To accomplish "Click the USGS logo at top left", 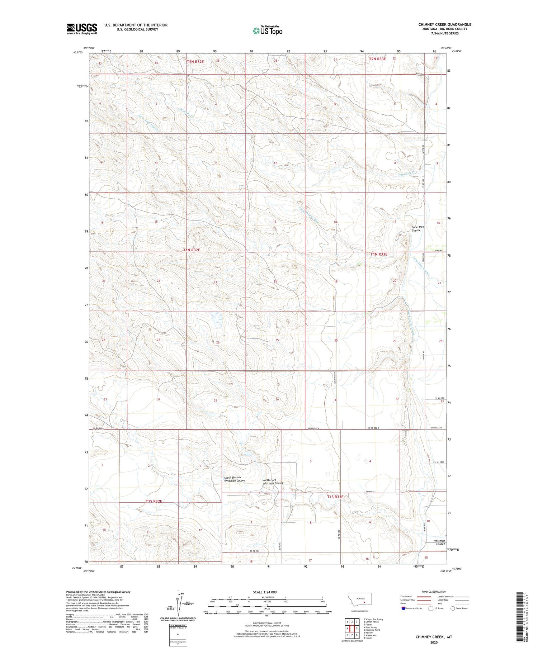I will (x=82, y=29).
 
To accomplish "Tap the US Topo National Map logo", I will (x=267, y=30).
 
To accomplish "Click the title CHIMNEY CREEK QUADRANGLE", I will (x=444, y=24).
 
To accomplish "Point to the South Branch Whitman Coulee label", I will (x=235, y=479).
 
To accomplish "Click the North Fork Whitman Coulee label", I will (x=273, y=481).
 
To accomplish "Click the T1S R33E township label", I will (x=335, y=497).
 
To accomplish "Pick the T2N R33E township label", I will (x=377, y=58).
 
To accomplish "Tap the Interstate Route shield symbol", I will (x=403, y=608).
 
